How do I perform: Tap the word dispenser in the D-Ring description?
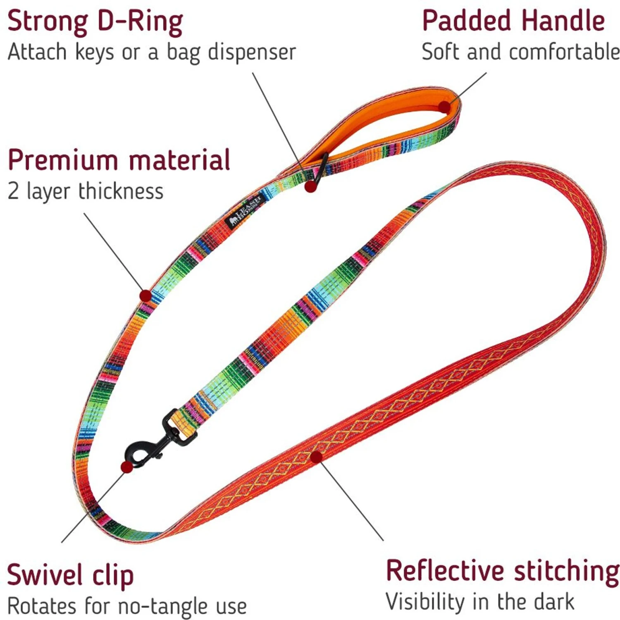pos(252,52)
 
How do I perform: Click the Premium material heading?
pos(119,160)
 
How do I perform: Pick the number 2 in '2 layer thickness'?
pos(13,192)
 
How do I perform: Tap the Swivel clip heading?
pos(70,575)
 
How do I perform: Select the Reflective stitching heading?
pos(502,571)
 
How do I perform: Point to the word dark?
pos(553,602)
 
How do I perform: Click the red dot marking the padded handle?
pos(444,107)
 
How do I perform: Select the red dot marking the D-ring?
pos(311,186)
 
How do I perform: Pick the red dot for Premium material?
pos(145,296)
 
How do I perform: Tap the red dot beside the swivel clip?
pos(126,467)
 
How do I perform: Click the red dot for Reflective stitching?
pos(316,457)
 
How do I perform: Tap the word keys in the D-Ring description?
pos(94,52)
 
